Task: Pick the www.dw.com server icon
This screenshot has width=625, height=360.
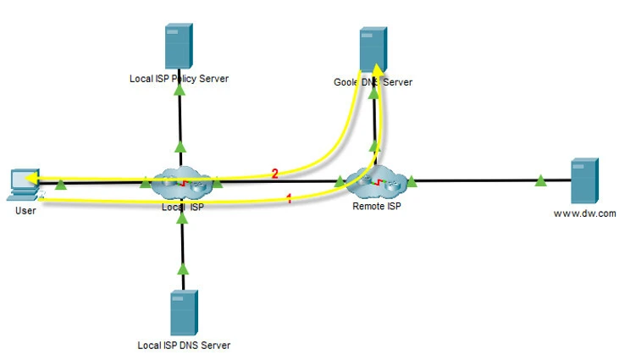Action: pyautogui.click(x=584, y=179)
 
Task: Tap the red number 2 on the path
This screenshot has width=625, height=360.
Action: pyautogui.click(x=274, y=174)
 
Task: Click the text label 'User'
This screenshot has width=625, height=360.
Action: pyautogui.click(x=25, y=210)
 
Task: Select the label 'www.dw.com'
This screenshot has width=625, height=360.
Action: pyautogui.click(x=584, y=213)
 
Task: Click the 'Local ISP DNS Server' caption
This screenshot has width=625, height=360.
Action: pyautogui.click(x=184, y=346)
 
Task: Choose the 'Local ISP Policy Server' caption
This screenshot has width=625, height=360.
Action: pyautogui.click(x=179, y=79)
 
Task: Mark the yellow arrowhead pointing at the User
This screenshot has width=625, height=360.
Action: pyautogui.click(x=31, y=179)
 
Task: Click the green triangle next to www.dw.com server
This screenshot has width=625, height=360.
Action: pyautogui.click(x=541, y=180)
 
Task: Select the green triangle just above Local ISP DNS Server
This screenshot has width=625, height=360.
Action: pyautogui.click(x=181, y=269)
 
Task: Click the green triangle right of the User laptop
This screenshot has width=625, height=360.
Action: pyautogui.click(x=61, y=184)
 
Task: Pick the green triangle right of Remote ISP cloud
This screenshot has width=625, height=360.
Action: pyautogui.click(x=412, y=180)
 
